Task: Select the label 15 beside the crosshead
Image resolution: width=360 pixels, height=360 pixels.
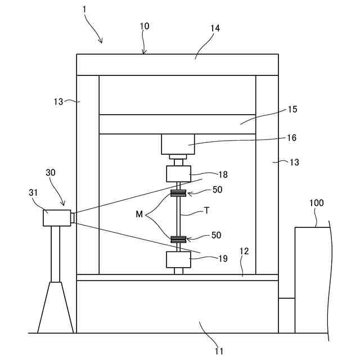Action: click(292, 109)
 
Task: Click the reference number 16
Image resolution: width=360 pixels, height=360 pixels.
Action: click(291, 137)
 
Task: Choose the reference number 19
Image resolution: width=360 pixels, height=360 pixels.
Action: click(223, 259)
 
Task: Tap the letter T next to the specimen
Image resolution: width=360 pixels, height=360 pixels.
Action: click(206, 211)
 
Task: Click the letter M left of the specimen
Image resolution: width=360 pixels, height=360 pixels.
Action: click(139, 214)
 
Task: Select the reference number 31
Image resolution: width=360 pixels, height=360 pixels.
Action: click(33, 192)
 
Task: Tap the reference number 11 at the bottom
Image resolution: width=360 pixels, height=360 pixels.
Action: click(219, 352)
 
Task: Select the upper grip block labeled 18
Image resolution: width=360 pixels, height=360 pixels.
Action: click(178, 174)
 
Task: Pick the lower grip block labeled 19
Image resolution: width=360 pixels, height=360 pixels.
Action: click(178, 260)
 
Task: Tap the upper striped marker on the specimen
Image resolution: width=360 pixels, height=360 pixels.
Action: click(178, 194)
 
